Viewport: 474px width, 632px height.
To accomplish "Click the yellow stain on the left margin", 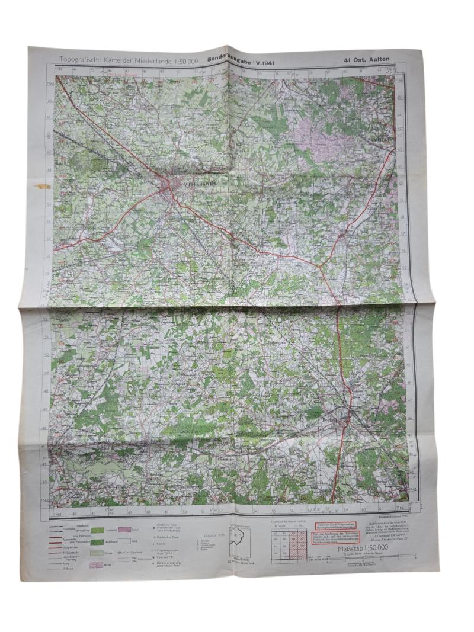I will [x=42, y=186].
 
